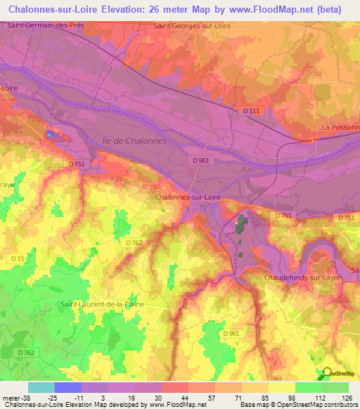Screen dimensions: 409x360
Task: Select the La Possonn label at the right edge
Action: (340, 127)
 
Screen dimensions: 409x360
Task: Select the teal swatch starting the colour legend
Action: (41, 387)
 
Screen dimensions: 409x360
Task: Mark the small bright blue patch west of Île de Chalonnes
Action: (50, 132)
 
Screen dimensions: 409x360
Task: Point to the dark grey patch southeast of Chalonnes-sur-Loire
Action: (242, 226)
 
